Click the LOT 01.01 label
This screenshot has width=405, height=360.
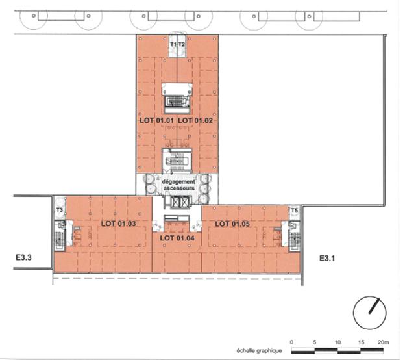156,120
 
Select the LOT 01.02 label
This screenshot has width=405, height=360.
195,120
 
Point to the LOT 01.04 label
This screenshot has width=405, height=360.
177,238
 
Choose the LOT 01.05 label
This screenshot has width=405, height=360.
232,224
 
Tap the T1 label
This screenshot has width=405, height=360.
173,44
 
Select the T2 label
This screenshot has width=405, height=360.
182,44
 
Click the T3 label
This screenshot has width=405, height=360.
59,211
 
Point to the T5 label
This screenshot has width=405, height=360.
294,211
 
